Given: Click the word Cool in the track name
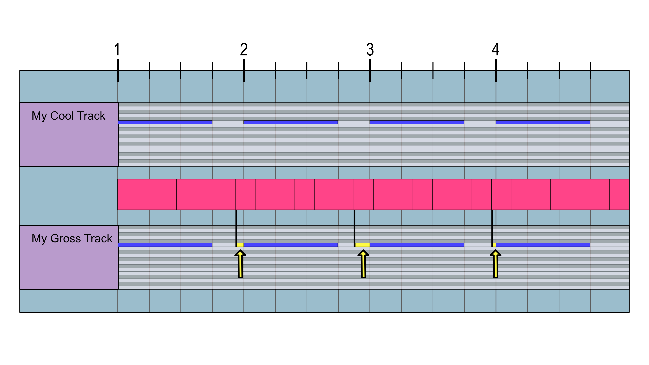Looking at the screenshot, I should [62, 116].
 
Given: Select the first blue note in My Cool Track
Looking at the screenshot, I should [165, 122].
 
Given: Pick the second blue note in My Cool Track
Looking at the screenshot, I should [291, 122].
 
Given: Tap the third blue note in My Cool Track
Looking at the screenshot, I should [416, 122].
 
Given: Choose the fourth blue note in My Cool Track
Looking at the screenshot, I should [543, 122].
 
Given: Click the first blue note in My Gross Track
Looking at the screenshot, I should [165, 245].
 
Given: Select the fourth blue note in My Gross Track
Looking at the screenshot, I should [543, 245].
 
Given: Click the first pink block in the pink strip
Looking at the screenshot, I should [127, 194].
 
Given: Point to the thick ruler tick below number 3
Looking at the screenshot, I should [370, 70].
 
